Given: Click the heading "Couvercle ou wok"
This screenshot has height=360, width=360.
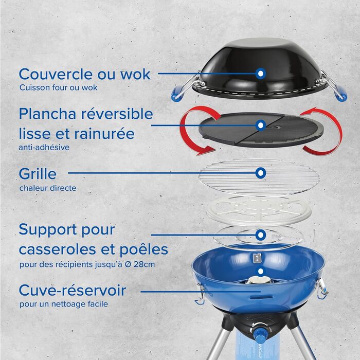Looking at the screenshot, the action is click(x=84, y=74).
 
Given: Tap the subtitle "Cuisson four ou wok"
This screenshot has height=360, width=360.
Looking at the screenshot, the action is click(x=58, y=87).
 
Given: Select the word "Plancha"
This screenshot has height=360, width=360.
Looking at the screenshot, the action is click(x=47, y=114).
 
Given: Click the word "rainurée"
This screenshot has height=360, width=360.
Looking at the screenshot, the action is click(x=104, y=134).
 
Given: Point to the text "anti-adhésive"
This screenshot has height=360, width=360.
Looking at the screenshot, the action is click(x=44, y=147).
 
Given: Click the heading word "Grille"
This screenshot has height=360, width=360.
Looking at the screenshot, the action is click(x=38, y=174).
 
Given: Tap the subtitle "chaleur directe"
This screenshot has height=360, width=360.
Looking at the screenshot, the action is click(x=48, y=188).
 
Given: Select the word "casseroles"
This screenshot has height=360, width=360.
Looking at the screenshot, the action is click(x=58, y=249).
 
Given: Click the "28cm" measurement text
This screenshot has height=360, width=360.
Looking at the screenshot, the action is click(x=144, y=264).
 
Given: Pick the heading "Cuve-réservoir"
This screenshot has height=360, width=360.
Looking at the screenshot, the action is click(x=73, y=290).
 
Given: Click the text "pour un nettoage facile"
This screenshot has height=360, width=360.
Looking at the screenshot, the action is click(x=64, y=304).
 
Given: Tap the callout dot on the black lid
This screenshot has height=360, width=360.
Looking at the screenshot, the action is click(x=261, y=74).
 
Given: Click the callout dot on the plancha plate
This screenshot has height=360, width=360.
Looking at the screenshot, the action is click(x=261, y=125).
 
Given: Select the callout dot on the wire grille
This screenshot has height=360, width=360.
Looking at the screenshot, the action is click(x=261, y=173).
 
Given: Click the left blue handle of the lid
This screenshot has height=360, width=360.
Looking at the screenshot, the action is click(x=177, y=94).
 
